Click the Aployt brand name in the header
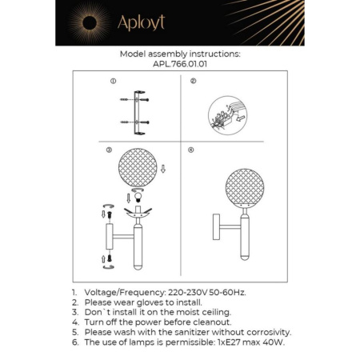pos(141,22)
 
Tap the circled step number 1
pos(114,82)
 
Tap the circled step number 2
pos(193,82)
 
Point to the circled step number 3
pos(109,150)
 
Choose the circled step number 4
pos(190,150)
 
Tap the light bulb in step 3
pos(136,198)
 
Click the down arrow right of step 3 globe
pos(163,169)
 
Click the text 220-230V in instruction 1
pos(193,294)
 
